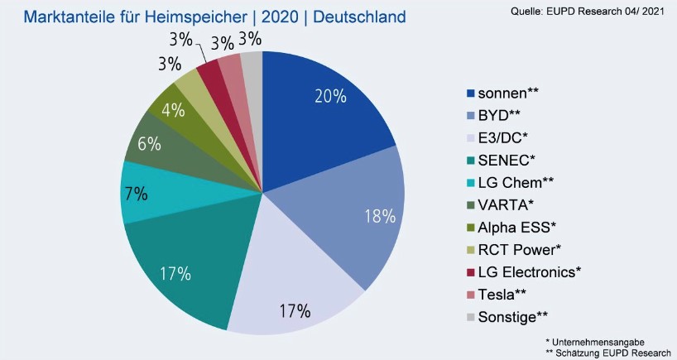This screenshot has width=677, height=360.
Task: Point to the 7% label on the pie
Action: pyautogui.click(x=136, y=194)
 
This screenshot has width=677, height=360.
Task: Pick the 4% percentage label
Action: pyautogui.click(x=172, y=109)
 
